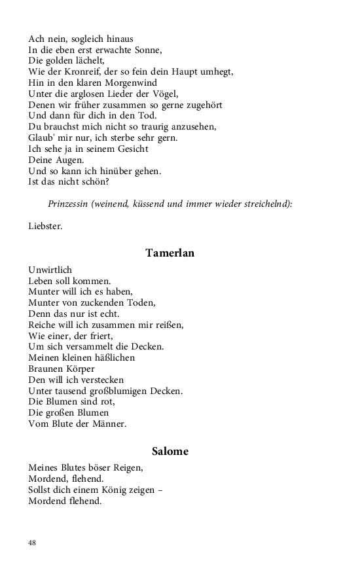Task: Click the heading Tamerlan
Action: coord(170,253)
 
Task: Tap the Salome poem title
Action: coord(170,451)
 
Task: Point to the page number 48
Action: coord(33,543)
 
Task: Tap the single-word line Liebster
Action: coord(46,226)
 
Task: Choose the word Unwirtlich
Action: coord(50,270)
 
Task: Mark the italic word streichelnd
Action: coord(265,204)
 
